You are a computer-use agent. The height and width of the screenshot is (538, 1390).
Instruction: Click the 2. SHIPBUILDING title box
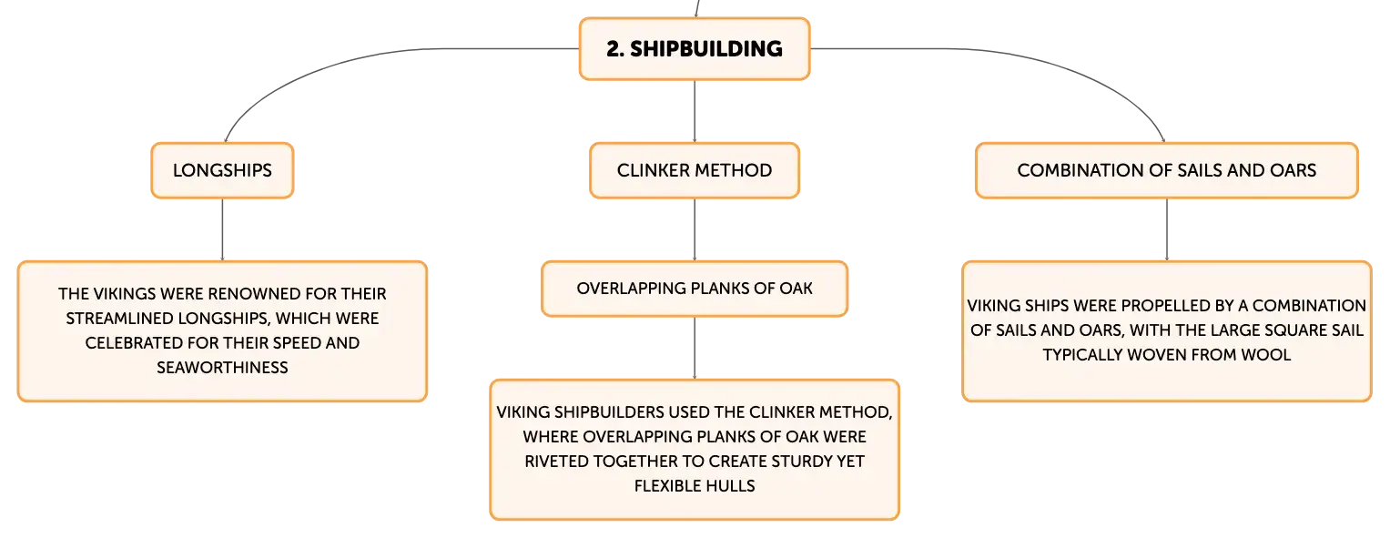695,48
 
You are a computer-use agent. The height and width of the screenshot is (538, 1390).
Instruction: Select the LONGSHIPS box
222,170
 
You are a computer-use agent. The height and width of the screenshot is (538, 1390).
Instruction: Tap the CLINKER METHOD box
695,170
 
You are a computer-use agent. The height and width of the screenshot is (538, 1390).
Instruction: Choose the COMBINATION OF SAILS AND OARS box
1167,170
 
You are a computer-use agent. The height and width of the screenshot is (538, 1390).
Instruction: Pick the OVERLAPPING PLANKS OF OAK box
695,289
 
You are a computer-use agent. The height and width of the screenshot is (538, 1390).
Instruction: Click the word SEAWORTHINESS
222,368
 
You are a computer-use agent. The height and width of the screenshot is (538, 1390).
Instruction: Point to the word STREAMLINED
120,319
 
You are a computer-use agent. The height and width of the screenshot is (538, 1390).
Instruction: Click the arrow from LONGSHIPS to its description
222,229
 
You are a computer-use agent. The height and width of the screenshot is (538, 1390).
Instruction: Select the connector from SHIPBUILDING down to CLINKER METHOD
695,112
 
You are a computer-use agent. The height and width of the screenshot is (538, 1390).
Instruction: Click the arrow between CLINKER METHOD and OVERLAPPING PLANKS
695,229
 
